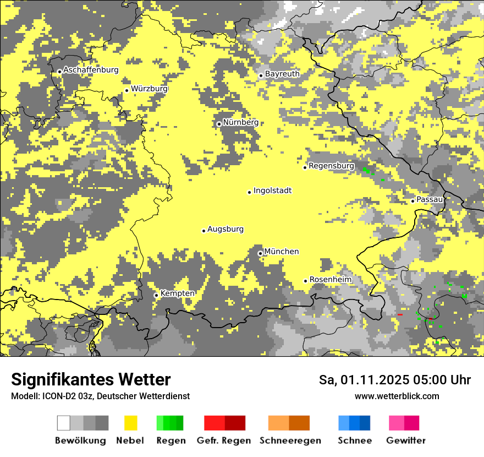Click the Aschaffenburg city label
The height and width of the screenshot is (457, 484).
click(x=91, y=70)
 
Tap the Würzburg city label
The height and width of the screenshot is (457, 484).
click(x=149, y=89)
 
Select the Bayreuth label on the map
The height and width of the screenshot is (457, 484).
click(x=282, y=74)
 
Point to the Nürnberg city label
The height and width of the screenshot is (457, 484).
click(x=240, y=122)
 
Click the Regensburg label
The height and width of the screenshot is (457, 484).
click(x=331, y=166)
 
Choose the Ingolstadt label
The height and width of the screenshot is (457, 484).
click(x=272, y=191)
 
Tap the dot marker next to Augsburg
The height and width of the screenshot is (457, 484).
click(x=204, y=231)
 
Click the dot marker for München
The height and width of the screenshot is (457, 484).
click(x=260, y=253)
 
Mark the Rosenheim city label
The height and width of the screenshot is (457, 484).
click(x=330, y=280)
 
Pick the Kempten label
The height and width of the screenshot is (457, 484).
click(x=177, y=293)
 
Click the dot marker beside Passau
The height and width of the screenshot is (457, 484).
click(x=413, y=201)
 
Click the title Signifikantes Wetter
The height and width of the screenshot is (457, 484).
click(x=91, y=379)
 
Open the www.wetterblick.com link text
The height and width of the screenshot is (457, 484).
click(x=397, y=396)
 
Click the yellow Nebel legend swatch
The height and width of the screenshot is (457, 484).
click(x=131, y=423)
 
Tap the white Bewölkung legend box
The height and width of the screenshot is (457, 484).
click(x=63, y=423)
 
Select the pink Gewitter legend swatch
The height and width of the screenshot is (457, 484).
click(x=397, y=423)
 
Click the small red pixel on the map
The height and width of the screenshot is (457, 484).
click(x=400, y=315)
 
